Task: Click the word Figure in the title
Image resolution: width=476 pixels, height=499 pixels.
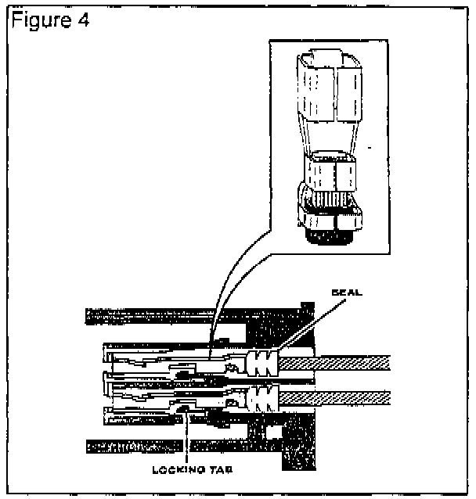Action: tap(36, 19)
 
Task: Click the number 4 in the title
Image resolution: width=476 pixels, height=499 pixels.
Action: tap(82, 19)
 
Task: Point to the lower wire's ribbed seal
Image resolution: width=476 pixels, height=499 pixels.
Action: tap(262, 397)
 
